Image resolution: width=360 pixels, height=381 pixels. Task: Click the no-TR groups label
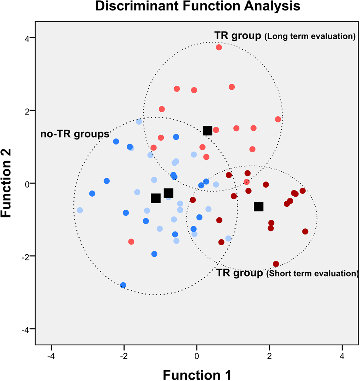pyautogui.click(x=75, y=134)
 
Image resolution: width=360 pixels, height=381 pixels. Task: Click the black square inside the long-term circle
pyautogui.click(x=207, y=130)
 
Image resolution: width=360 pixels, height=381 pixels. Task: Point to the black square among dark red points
pyautogui.click(x=258, y=206)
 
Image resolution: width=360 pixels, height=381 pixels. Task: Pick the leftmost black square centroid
pyautogui.click(x=156, y=198)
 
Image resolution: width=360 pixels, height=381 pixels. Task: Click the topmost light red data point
pyautogui.click(x=219, y=48)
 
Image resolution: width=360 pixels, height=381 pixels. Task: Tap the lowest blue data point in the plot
pyautogui.click(x=123, y=285)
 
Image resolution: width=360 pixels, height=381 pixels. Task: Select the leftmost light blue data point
pyautogui.click(x=80, y=210)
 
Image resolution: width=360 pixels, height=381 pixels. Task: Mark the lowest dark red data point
pyautogui.click(x=276, y=264)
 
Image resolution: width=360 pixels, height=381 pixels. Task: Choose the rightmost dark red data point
pyautogui.click(x=305, y=232)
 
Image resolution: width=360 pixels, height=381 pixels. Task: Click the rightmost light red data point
pyautogui.click(x=278, y=119)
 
